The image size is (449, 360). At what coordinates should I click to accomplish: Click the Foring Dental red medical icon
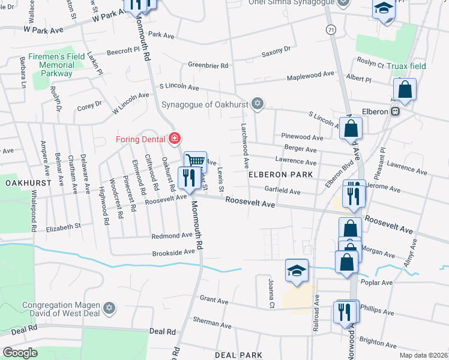tap(175, 139)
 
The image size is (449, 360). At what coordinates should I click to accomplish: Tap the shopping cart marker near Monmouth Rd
tap(195, 161)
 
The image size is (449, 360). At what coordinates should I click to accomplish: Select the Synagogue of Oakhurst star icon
tap(258, 104)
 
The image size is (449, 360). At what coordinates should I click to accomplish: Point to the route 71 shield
tap(331, 29)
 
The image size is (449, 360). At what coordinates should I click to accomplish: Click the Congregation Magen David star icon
tap(109, 308)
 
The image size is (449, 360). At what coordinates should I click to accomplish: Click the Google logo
tap(20, 353)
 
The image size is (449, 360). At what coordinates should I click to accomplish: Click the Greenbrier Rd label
tap(208, 65)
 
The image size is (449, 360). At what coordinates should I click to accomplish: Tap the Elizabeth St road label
tap(63, 227)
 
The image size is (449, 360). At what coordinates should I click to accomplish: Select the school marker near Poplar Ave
tap(297, 271)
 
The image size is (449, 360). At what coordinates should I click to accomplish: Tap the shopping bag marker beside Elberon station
tap(406, 91)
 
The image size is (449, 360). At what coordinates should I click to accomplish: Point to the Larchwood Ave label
tap(245, 146)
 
